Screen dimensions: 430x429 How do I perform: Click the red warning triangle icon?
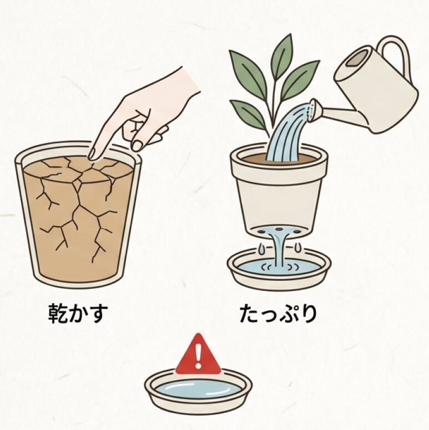[198, 356]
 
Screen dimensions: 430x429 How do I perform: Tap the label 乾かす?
[77, 314]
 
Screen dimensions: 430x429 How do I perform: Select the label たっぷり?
[278, 314]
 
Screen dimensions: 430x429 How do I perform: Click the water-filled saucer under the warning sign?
[198, 389]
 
